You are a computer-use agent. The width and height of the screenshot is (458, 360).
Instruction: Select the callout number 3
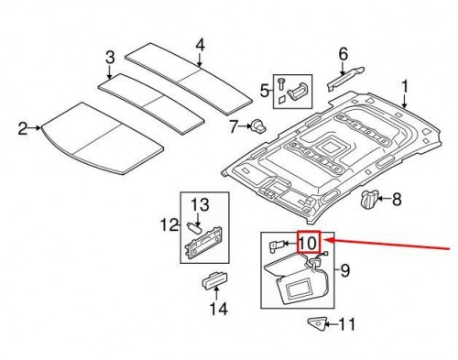tap(109, 59)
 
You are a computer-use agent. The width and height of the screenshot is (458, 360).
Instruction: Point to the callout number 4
tap(201, 42)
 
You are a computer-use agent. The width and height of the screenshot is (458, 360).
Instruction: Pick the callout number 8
tap(398, 197)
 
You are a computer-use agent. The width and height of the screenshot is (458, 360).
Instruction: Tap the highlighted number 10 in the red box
tap(307, 243)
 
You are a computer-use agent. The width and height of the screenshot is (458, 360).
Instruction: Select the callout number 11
tap(345, 323)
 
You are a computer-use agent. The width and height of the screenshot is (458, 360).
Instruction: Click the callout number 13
tap(201, 202)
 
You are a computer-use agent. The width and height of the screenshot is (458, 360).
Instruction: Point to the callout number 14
tap(217, 309)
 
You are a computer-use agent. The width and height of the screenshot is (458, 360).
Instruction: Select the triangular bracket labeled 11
tap(317, 322)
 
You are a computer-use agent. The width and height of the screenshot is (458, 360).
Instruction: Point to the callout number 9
tap(344, 270)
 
